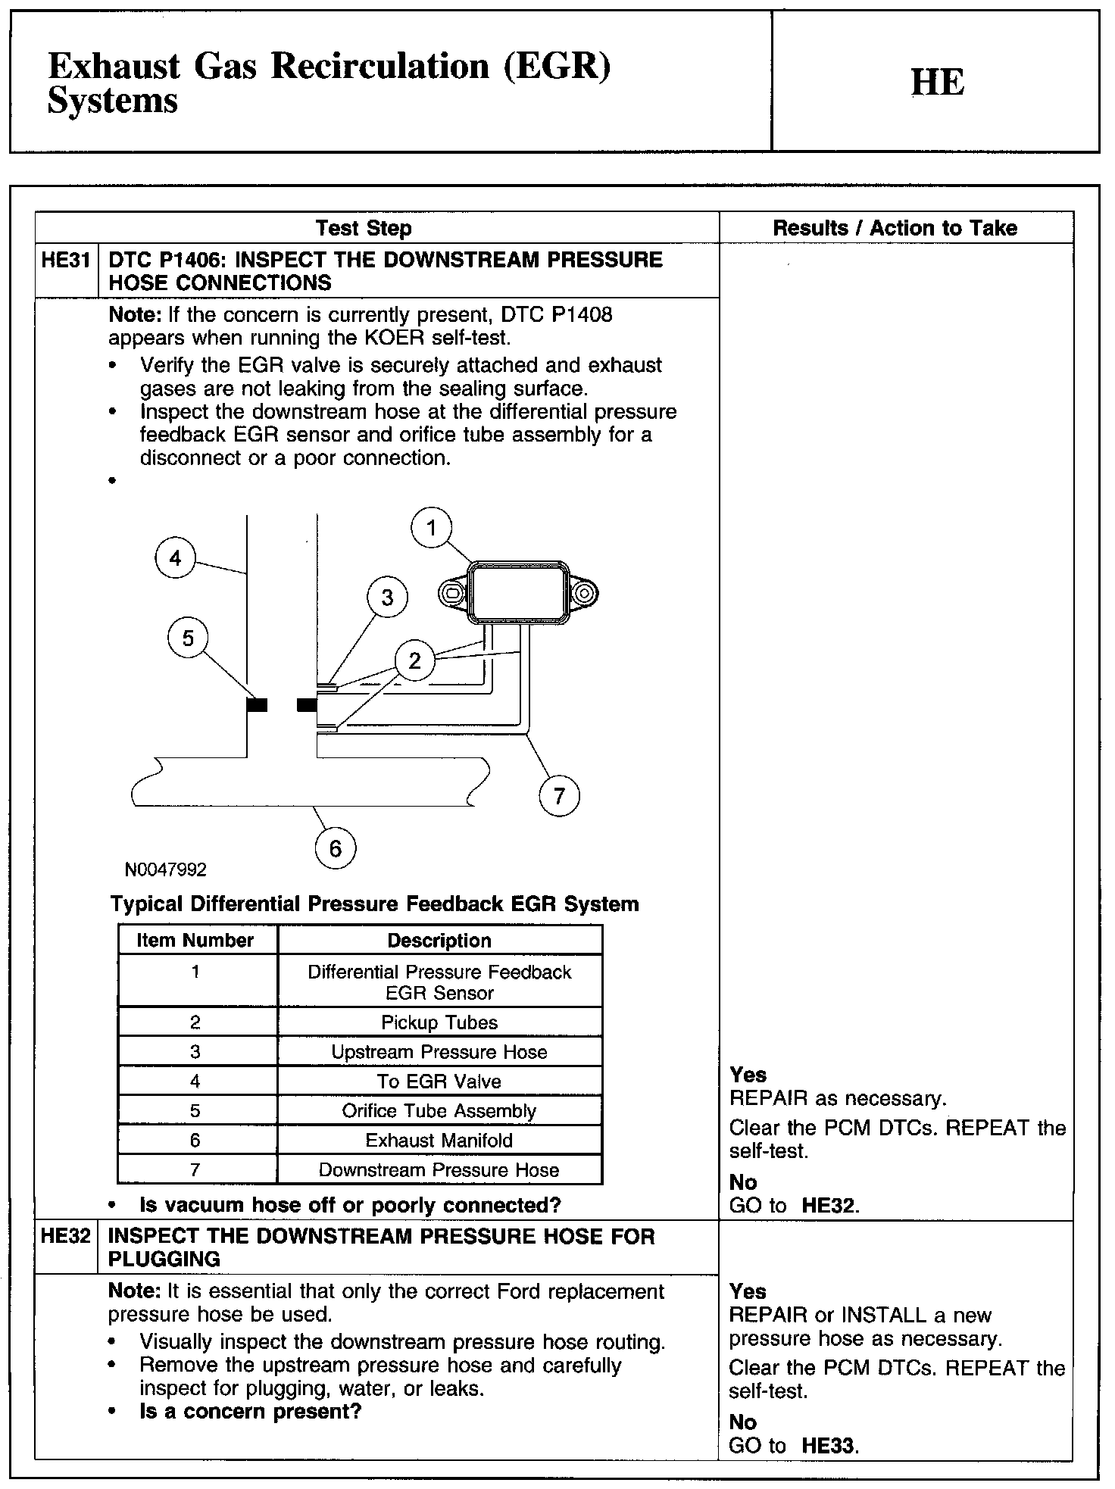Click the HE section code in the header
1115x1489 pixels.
(x=937, y=83)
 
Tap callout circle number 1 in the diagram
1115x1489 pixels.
(x=432, y=528)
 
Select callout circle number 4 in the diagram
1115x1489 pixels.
(x=176, y=559)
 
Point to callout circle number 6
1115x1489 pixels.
(x=335, y=848)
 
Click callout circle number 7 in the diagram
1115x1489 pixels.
(x=559, y=796)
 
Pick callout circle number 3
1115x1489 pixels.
(x=387, y=598)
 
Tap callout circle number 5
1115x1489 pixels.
(x=188, y=638)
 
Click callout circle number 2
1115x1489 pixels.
(x=414, y=660)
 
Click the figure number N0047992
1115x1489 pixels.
(x=166, y=869)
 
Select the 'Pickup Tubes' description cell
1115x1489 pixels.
(x=439, y=1022)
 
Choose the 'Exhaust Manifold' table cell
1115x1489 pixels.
(x=439, y=1141)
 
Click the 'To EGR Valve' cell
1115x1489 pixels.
(x=439, y=1082)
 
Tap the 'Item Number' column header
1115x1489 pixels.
(x=195, y=941)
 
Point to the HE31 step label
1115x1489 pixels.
(x=66, y=261)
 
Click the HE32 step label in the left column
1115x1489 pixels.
(x=66, y=1237)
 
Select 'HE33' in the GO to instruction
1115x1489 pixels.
(x=829, y=1446)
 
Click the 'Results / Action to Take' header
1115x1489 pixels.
(x=895, y=228)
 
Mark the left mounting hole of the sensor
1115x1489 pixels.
(x=452, y=594)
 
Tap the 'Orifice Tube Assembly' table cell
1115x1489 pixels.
(x=439, y=1111)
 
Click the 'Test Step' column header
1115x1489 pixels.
(x=364, y=228)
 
